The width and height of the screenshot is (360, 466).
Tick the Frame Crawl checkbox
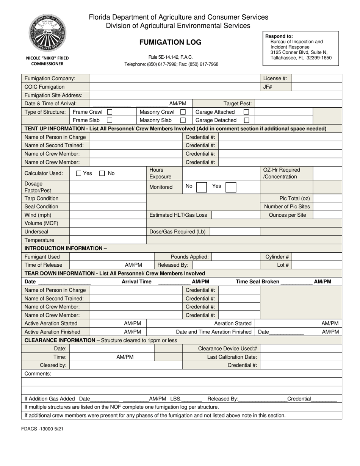click(x=110, y=112)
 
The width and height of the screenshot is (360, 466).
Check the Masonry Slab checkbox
click(x=183, y=120)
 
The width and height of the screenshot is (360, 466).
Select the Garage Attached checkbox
click(x=246, y=112)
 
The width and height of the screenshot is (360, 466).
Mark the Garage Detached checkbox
click(x=246, y=120)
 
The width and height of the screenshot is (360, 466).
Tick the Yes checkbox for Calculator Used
click(x=78, y=174)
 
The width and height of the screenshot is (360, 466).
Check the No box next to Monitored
click(x=202, y=187)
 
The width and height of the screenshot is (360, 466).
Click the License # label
click(x=275, y=78)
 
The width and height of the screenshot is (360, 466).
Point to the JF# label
click(x=268, y=87)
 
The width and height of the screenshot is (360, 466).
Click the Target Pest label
click(x=238, y=103)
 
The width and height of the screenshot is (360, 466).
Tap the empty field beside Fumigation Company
click(x=174, y=78)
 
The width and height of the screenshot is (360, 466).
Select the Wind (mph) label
click(x=38, y=215)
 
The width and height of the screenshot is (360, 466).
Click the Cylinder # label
click(x=277, y=257)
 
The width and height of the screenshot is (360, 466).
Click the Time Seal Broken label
click(x=257, y=282)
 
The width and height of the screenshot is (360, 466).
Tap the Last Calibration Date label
click(x=232, y=357)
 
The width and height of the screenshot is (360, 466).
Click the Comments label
click(x=38, y=374)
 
